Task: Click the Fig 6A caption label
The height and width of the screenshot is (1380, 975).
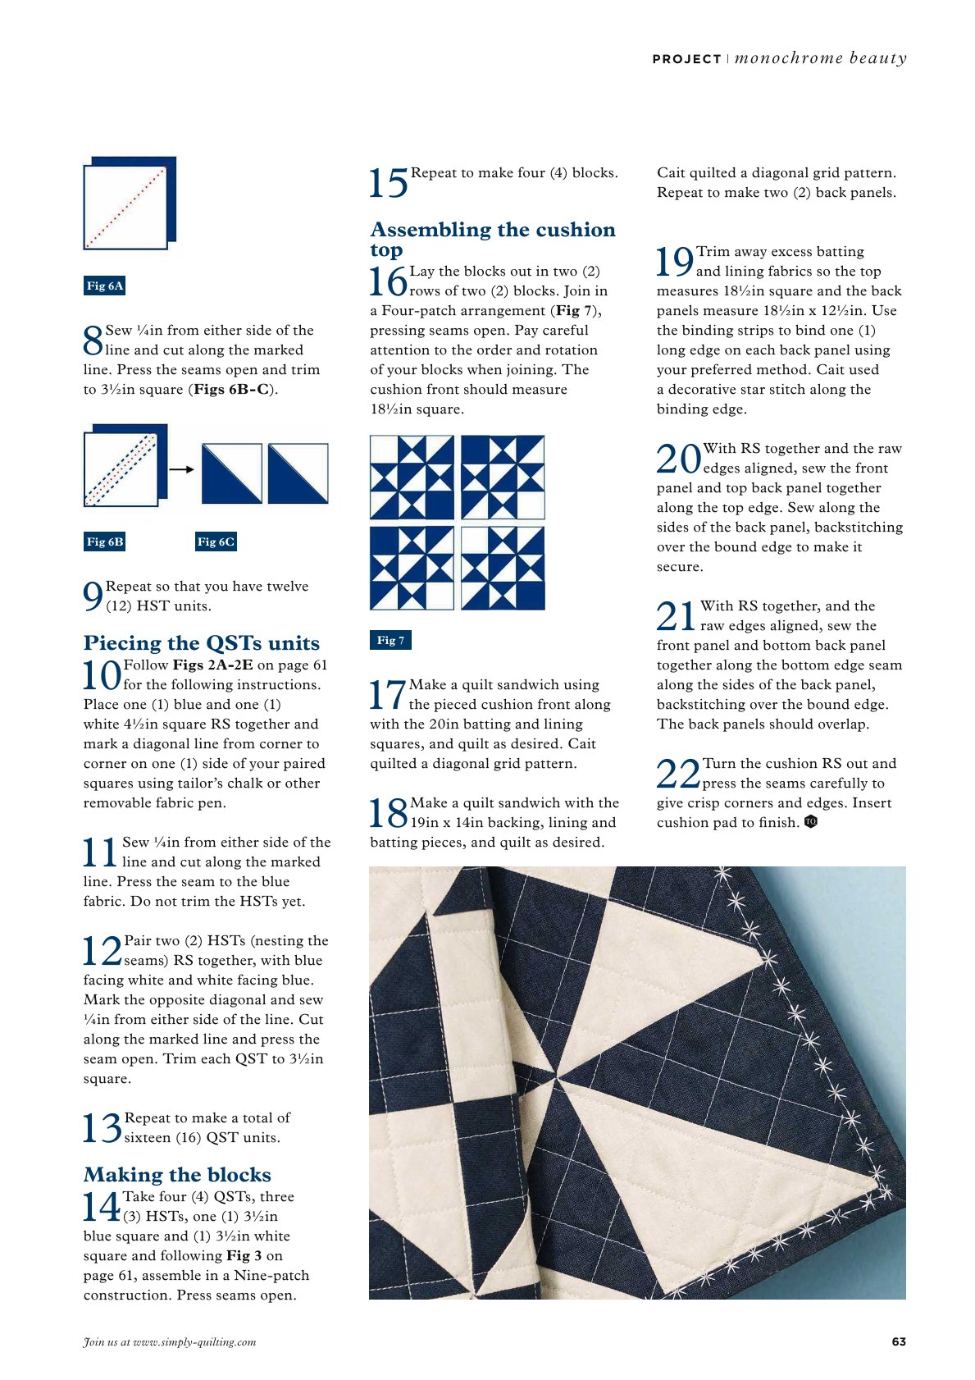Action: pos(104,286)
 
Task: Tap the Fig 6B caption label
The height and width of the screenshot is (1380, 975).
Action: pos(104,541)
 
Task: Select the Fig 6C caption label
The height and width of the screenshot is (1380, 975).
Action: pos(216,541)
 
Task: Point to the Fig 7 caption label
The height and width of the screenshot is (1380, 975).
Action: pos(390,640)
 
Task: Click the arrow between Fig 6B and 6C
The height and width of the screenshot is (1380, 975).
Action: pos(181,469)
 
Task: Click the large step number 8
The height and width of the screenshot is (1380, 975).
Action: pos(93,340)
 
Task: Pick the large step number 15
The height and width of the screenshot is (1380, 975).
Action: pos(388,183)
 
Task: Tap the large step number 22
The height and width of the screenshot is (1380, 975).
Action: pos(678,773)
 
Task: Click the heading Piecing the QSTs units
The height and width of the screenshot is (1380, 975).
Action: pos(202,642)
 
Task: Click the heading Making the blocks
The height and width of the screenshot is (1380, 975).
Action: pos(177,1174)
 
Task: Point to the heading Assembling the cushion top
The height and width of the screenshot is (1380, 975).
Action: pos(493,239)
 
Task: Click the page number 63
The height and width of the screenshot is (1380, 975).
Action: pos(899,1341)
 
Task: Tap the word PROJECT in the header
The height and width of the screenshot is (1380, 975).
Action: pos(686,59)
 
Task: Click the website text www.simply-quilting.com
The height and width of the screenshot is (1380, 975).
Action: pos(194,1341)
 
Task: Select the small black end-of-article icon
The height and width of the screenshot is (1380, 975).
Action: pos(810,821)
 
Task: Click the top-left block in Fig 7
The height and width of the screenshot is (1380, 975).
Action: pos(412,478)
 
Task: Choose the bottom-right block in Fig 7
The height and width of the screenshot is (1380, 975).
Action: pos(503,568)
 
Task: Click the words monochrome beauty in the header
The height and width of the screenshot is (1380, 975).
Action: pos(820,58)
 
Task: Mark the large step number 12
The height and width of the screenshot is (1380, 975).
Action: pos(103,951)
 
